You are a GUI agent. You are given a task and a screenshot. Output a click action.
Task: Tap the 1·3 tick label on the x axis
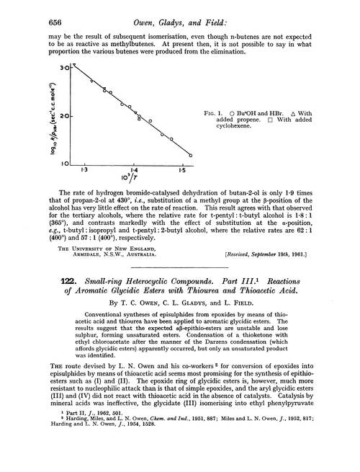pos(84,169)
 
